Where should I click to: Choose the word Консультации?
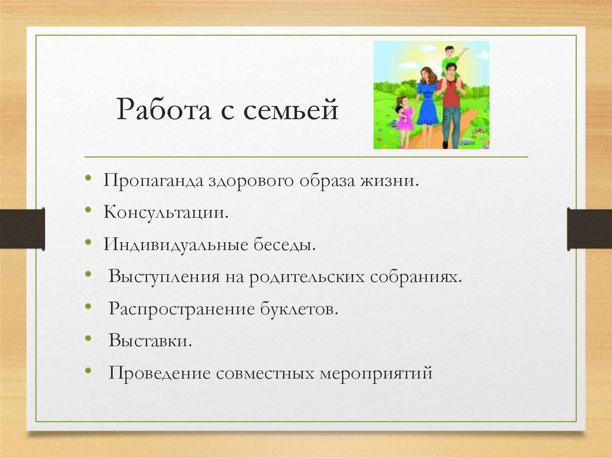(165, 213)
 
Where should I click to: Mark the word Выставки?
(150, 342)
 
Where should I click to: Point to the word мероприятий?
(375, 374)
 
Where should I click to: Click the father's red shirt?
(451, 93)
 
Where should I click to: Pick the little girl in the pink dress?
(404, 117)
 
